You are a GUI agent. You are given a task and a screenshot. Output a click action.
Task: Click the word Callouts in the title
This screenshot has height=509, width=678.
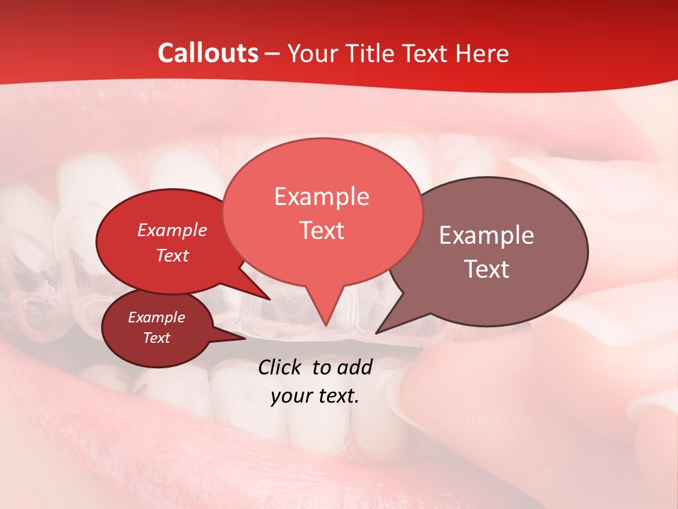point(208,53)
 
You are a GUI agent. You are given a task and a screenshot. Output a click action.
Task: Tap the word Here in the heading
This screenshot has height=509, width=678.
point(482,53)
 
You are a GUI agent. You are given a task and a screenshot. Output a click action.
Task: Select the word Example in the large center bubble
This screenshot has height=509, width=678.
point(321,197)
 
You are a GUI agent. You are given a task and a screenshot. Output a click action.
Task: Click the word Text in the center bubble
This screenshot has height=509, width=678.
point(322,230)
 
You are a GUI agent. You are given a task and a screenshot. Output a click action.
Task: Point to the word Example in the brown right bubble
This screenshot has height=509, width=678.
point(486,235)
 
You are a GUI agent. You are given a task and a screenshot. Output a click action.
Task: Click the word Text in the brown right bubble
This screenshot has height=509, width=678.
point(487,269)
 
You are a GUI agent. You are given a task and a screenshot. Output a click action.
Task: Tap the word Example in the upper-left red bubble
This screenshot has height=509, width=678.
point(172,230)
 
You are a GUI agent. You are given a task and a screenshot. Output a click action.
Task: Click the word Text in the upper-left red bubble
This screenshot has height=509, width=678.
point(172,255)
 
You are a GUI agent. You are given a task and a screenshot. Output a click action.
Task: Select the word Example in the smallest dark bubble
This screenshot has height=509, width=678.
point(156,317)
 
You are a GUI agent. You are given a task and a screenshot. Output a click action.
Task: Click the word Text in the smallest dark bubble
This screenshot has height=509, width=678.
point(156,338)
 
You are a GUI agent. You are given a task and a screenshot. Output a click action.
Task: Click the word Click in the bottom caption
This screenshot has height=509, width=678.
point(281,367)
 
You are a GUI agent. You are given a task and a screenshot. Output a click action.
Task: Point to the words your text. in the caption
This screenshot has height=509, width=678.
point(314,396)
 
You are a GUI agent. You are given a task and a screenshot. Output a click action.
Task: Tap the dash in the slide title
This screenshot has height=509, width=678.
point(273,54)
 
